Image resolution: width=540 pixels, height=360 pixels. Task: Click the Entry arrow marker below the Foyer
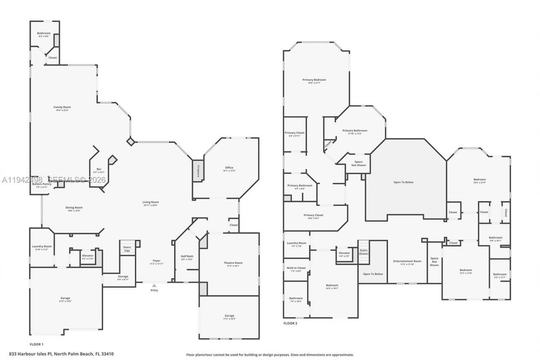(x=154, y=286)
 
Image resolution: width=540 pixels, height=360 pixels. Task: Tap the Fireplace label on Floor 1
(x=197, y=171)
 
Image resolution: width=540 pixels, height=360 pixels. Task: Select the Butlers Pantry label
(x=42, y=184)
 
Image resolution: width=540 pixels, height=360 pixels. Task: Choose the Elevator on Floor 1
(x=88, y=257)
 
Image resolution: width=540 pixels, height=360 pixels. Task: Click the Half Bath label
(x=186, y=257)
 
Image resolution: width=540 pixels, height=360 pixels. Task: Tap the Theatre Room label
(x=233, y=264)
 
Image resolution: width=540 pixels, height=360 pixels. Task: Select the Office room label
(x=229, y=169)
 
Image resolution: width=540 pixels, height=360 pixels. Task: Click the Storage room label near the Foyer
(x=123, y=278)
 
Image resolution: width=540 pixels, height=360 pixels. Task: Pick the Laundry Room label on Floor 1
(x=42, y=248)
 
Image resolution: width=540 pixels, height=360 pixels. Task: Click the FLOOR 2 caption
(x=290, y=323)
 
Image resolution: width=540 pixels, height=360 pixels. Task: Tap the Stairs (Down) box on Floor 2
(x=363, y=252)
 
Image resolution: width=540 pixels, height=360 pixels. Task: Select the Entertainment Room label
(x=407, y=262)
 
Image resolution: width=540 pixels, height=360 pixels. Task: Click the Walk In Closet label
(x=296, y=269)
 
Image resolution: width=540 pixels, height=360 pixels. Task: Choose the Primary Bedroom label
(x=314, y=81)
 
